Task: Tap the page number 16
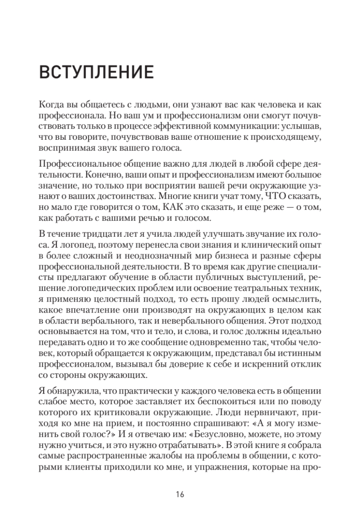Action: [180, 493]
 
